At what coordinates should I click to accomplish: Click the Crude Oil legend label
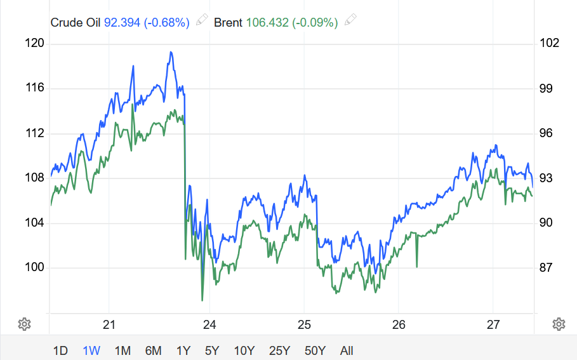point(76,22)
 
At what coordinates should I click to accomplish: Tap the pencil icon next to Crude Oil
point(202,21)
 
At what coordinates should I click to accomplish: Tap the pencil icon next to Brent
point(350,21)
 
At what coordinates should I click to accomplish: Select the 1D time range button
point(60,350)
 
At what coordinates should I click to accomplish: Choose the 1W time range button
point(91,350)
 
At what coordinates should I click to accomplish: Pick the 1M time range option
point(123,350)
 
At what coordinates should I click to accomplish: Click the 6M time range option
point(153,350)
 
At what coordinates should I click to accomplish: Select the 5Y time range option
point(212,350)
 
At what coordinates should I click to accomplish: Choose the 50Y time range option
point(315,350)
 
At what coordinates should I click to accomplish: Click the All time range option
point(347,350)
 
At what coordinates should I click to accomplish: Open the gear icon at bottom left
point(24,324)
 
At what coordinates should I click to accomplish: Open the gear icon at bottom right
point(559,324)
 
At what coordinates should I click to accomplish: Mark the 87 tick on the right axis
point(546,267)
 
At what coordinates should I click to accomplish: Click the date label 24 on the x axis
point(210,324)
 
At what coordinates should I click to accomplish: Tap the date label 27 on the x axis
point(493,324)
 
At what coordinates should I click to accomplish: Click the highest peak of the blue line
point(171,52)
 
